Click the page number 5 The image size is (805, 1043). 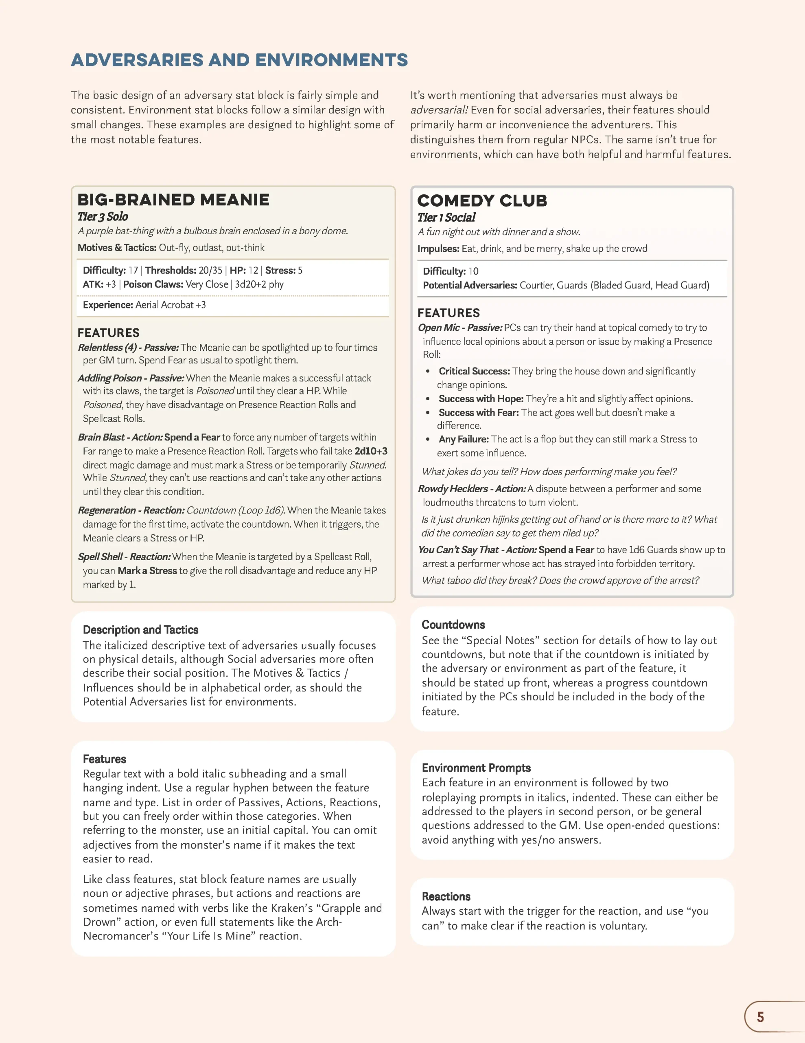click(x=760, y=1017)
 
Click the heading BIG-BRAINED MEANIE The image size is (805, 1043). click(x=173, y=200)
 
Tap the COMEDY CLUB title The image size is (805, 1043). click(x=482, y=200)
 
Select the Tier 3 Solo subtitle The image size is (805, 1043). click(x=103, y=216)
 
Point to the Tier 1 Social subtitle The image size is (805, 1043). click(x=446, y=217)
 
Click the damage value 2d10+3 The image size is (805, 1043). click(x=371, y=451)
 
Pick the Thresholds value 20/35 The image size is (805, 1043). click(x=210, y=270)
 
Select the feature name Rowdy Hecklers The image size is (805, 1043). click(x=453, y=488)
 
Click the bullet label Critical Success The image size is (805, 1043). click(x=474, y=371)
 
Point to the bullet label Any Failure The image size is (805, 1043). click(x=463, y=439)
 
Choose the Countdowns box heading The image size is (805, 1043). click(x=453, y=625)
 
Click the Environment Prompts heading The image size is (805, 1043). click(x=476, y=768)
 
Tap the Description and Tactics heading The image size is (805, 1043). click(x=140, y=629)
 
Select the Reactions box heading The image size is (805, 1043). click(x=446, y=896)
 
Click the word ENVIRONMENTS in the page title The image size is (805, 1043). click(x=332, y=60)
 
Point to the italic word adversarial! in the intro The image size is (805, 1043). click(x=439, y=110)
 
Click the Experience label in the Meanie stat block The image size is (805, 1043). click(x=108, y=305)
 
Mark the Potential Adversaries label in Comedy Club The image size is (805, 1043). click(x=470, y=285)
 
